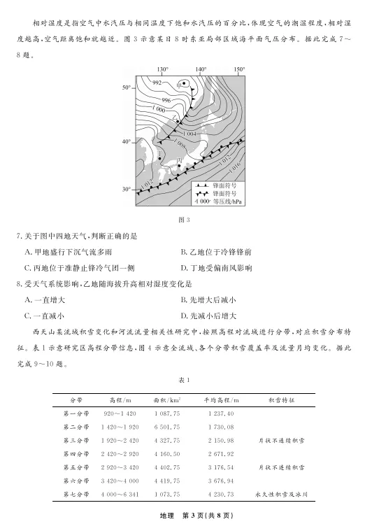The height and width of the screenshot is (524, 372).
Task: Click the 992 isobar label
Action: [x=157, y=83]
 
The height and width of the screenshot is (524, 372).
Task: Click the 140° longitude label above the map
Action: [x=201, y=69]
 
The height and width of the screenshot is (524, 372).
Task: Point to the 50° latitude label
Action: [x=127, y=87]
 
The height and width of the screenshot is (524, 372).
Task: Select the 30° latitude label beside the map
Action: [x=127, y=190]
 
